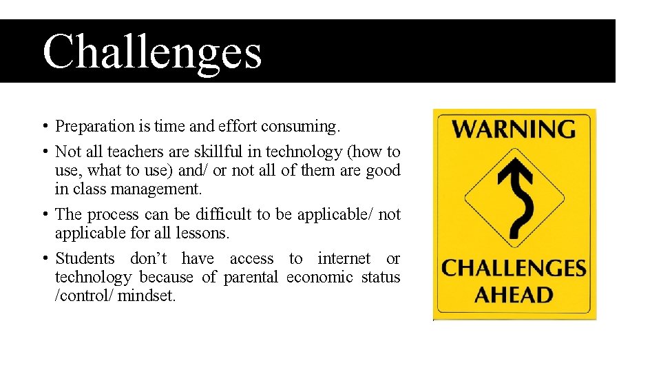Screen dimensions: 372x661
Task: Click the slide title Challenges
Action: [152, 52]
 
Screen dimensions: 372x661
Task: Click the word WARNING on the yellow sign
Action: [514, 129]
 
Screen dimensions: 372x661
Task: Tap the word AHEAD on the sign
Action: [514, 295]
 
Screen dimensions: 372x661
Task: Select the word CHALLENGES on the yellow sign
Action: [514, 267]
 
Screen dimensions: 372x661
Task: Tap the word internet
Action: [344, 258]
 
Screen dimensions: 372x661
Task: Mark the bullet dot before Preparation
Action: [44, 126]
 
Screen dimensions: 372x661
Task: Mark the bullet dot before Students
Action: [44, 258]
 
